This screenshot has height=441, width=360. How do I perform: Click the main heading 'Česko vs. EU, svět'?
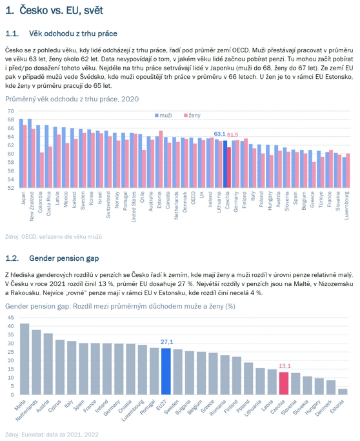(61, 10)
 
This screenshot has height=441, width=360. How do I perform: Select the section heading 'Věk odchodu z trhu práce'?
(73, 34)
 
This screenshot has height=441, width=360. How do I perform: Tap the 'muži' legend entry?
(164, 116)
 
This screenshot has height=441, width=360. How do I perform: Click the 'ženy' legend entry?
(192, 116)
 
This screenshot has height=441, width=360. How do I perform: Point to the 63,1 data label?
(219, 134)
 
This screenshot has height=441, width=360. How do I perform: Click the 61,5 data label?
(232, 135)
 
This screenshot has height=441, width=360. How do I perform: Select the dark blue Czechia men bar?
(225, 164)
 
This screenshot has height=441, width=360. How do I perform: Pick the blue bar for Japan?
(21, 153)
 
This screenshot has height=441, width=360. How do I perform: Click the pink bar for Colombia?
(42, 170)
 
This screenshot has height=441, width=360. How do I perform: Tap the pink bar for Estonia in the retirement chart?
(161, 159)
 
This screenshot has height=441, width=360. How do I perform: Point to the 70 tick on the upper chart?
(11, 111)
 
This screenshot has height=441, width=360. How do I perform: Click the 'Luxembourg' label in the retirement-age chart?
(346, 205)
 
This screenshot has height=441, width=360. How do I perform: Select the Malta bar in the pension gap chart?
(25, 359)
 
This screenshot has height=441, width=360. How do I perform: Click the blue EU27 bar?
(166, 371)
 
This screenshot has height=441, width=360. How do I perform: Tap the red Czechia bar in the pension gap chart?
(284, 384)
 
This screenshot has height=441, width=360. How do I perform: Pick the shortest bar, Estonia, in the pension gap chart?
(343, 392)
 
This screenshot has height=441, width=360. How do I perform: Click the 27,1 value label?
(166, 342)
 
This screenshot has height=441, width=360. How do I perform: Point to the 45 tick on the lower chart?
(11, 318)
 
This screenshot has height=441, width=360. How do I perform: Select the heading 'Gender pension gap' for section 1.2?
(64, 258)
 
